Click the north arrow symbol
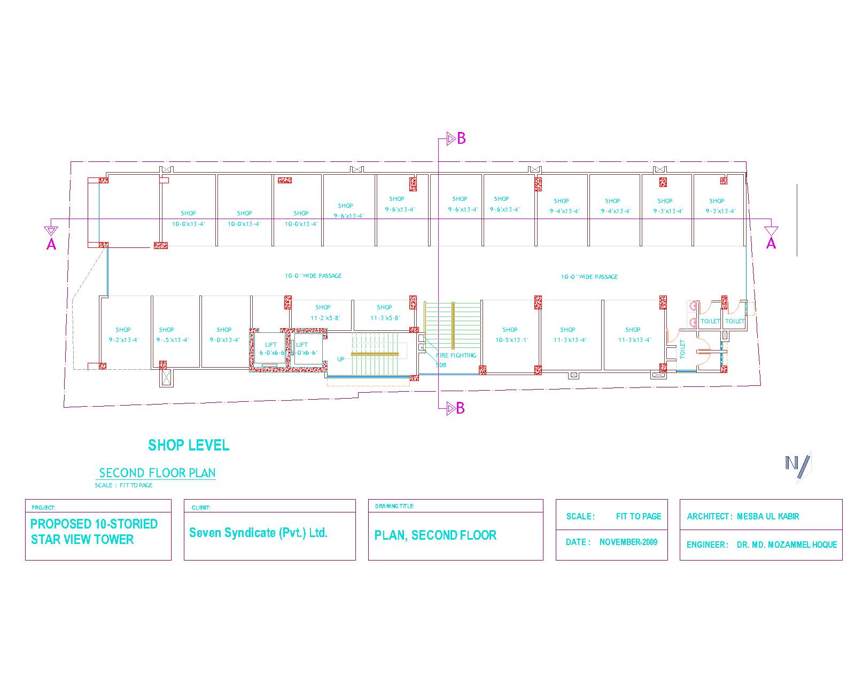point(797,463)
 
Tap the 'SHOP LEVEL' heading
point(189,445)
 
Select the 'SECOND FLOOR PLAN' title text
point(157,473)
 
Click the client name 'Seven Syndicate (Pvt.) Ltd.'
point(258,533)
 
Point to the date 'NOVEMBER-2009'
point(628,542)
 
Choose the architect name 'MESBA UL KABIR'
point(768,516)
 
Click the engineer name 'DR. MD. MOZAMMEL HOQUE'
point(787,545)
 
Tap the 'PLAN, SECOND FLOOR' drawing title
point(436,535)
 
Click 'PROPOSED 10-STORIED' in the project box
point(94,524)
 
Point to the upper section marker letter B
point(461,138)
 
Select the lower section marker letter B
point(460,409)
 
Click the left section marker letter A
point(51,245)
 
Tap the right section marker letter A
point(771,244)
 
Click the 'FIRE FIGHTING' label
point(456,355)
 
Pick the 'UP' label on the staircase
point(341,359)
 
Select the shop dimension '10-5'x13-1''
point(511,340)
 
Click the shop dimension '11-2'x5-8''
point(322,318)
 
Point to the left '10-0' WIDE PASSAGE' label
point(313,276)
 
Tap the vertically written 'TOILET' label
point(682,349)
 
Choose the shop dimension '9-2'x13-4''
point(123,340)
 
